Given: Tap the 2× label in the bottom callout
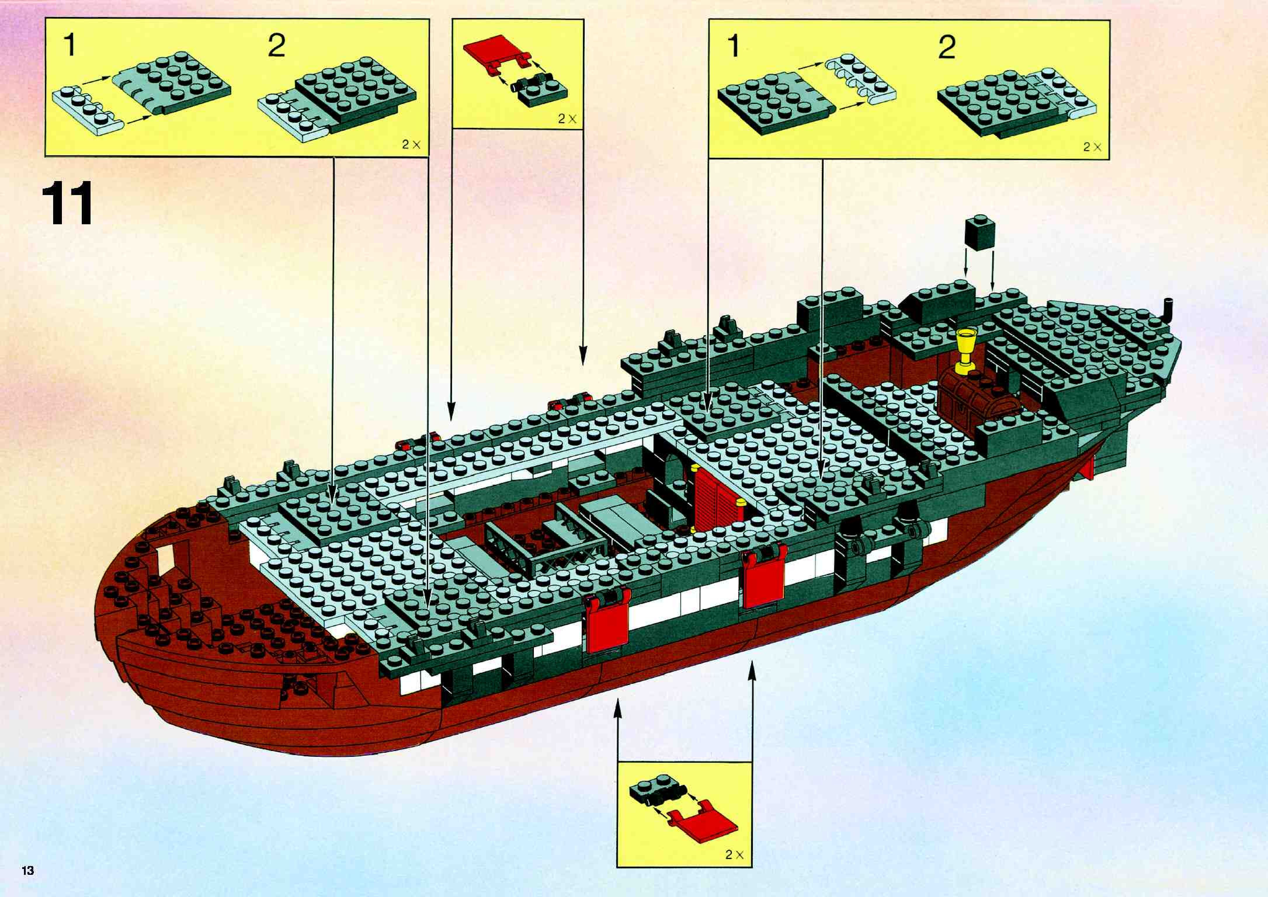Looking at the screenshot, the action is pyautogui.click(x=734, y=854).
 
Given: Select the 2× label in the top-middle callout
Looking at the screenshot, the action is pyautogui.click(x=567, y=118).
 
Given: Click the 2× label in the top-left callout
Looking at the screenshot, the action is pyautogui.click(x=411, y=145).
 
